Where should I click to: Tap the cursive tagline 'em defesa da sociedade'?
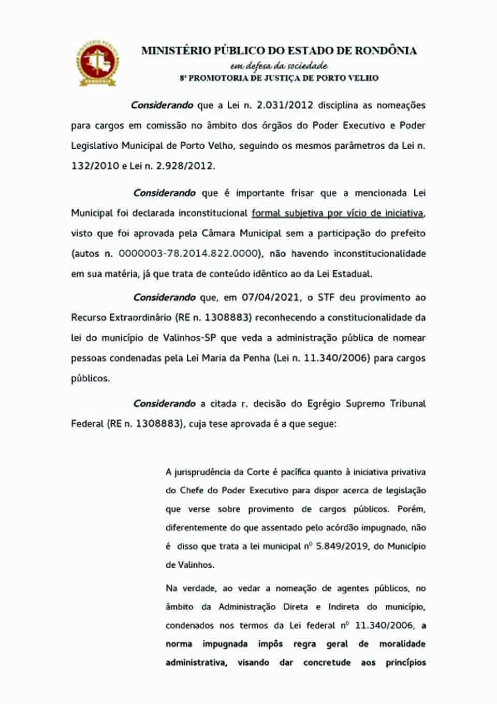[279, 66]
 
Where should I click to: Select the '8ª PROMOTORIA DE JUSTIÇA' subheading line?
[279, 78]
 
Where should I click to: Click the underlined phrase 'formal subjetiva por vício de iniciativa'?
[338, 213]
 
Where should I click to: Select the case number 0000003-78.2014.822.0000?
[188, 253]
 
